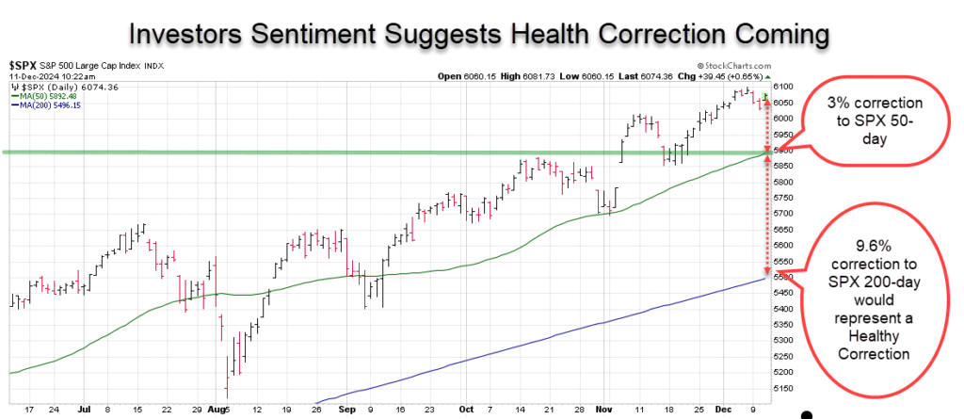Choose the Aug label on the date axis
pyautogui.click(x=220, y=412)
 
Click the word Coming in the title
pyautogui.click(x=769, y=35)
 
